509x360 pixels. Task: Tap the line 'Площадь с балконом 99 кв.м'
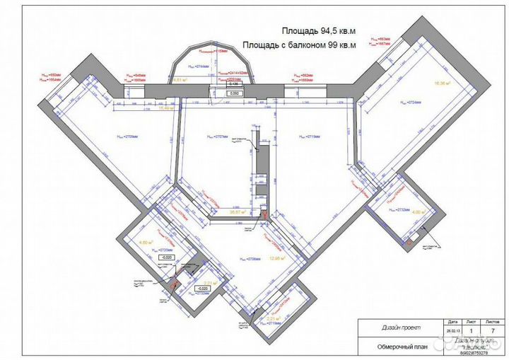pyautogui.click(x=298, y=45)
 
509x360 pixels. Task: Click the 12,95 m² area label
pyautogui.click(x=277, y=259)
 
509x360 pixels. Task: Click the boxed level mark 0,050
pyautogui.click(x=234, y=93)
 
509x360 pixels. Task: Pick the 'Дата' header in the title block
pyautogui.click(x=452, y=321)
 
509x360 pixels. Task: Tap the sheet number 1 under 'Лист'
pyautogui.click(x=472, y=329)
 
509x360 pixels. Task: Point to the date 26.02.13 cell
pyautogui.click(x=452, y=329)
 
